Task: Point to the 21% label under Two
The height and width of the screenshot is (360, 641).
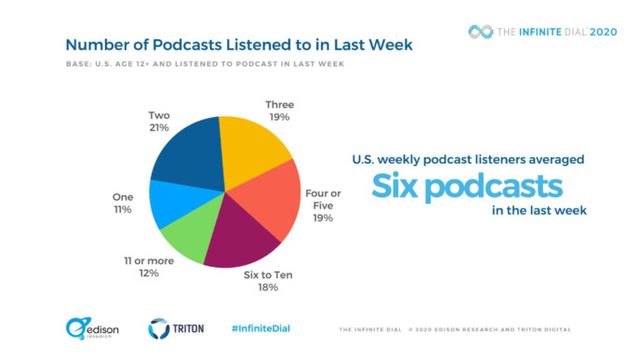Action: pos(158,127)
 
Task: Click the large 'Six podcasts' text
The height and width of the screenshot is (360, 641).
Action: pos(467,186)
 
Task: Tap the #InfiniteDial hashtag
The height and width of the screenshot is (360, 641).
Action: pos(263,328)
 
